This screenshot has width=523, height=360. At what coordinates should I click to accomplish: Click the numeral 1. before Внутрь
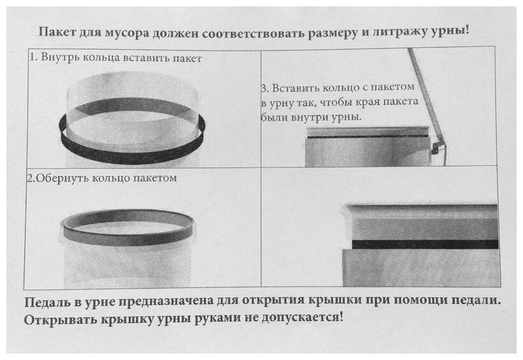pos(33,58)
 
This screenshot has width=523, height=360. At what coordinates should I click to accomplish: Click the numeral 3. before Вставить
pos(265,87)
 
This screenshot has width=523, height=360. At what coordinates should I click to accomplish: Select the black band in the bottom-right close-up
pos(421,244)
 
